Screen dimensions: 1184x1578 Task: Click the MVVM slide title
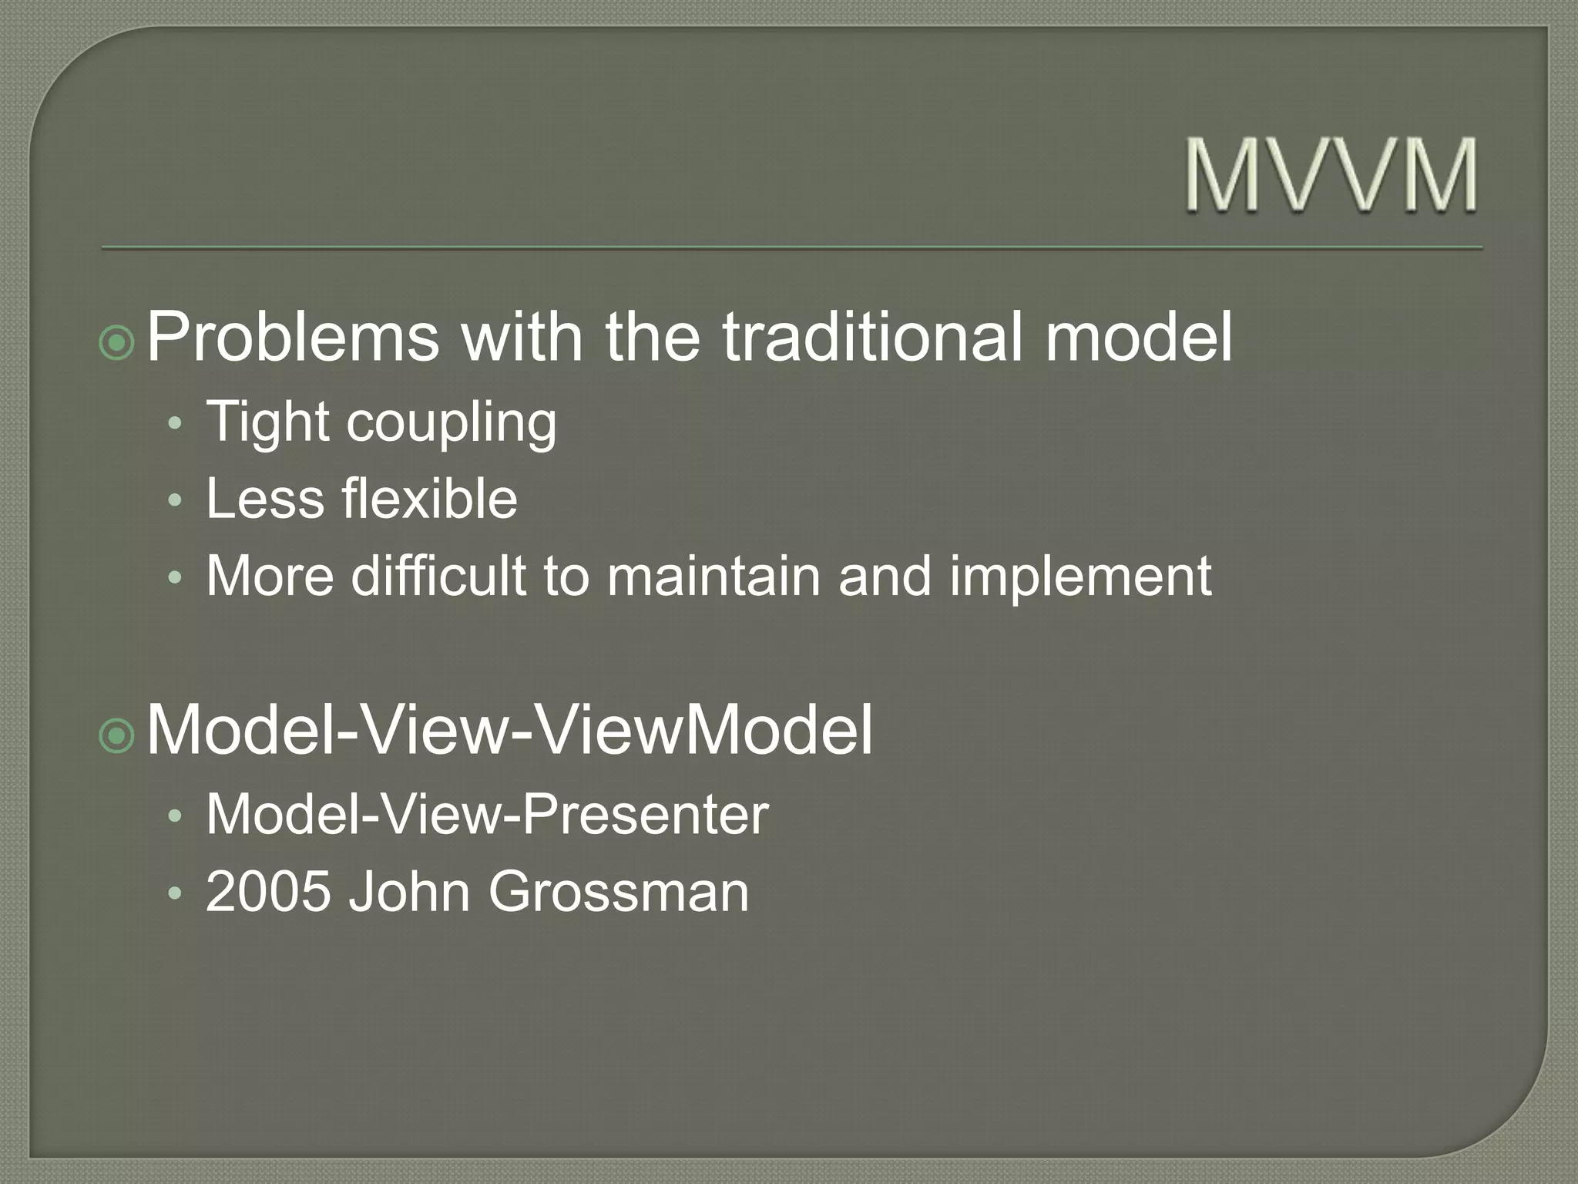[1331, 175]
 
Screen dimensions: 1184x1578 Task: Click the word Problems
[293, 337]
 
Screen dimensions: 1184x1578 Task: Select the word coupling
[452, 423]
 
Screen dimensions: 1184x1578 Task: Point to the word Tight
[267, 423]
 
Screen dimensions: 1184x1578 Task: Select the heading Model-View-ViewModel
[509, 730]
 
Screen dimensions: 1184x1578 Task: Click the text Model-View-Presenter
[487, 815]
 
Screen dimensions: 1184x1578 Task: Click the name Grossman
[618, 892]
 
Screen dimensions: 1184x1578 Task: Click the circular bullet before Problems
[118, 343]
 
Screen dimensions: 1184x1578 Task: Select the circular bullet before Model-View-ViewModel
[118, 736]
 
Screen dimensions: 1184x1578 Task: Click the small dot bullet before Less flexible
[175, 501]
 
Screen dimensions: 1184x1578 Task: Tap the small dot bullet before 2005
[175, 894]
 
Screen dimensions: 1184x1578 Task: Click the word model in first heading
[1139, 337]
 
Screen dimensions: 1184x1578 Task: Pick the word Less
[265, 499]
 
